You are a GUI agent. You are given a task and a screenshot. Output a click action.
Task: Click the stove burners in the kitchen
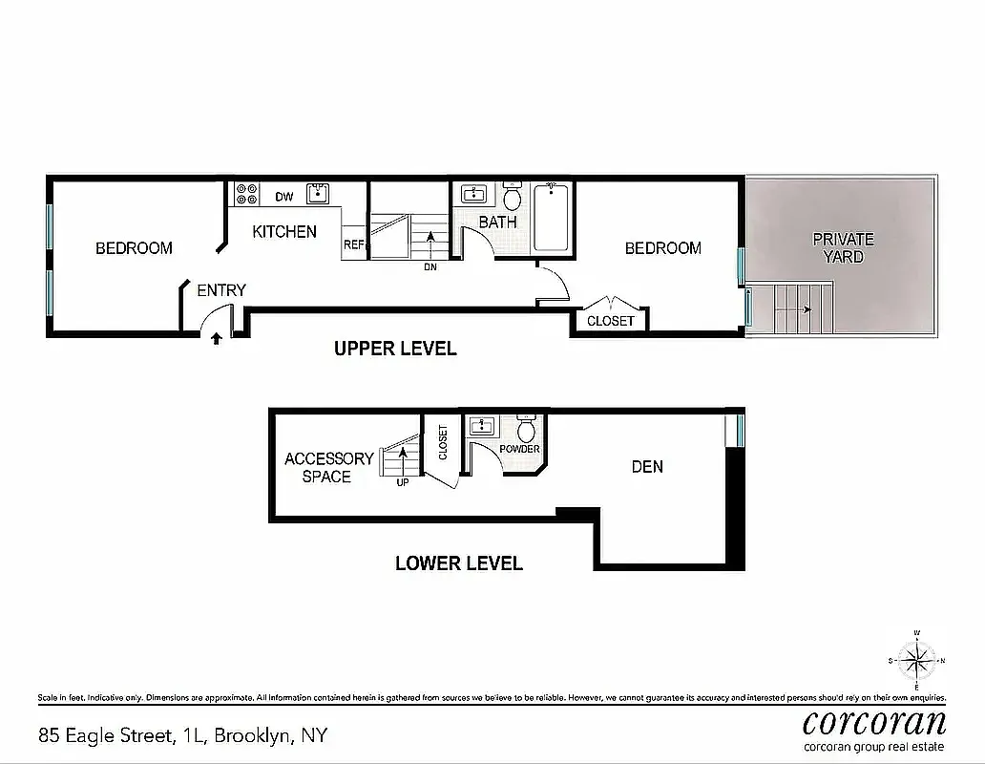246,194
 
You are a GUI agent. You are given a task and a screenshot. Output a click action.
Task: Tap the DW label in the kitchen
284,198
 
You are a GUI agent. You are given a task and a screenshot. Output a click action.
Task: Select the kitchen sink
318,194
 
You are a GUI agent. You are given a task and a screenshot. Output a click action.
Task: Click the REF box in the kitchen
354,244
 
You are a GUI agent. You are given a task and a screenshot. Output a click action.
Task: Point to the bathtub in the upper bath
551,217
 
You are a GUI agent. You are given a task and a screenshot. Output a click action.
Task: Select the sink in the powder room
483,426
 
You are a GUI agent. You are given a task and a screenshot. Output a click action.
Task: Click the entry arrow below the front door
217,337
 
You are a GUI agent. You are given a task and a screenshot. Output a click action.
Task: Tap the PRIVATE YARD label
843,247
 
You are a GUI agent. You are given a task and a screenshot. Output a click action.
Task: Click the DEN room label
647,467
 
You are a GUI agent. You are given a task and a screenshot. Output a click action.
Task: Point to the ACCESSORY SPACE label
328,468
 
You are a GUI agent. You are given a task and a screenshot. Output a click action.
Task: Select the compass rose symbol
916,660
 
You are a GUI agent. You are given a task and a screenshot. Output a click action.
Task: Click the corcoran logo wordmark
874,721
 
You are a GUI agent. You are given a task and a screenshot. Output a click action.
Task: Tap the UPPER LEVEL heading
395,349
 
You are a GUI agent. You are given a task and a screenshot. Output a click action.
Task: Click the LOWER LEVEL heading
459,563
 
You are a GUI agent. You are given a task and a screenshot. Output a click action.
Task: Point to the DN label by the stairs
430,267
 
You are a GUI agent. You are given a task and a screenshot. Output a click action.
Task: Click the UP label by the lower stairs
403,483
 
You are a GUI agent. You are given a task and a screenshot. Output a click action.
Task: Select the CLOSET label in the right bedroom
611,321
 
